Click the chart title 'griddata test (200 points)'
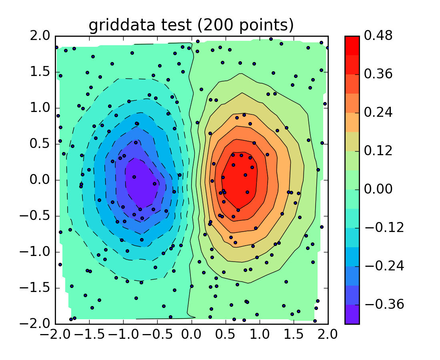191,25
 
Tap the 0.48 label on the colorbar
378,36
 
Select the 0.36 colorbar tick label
378,74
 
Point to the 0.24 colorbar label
378,112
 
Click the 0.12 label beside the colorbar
378,151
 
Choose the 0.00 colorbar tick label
378,189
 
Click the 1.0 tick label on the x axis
260,333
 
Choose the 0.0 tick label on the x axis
192,333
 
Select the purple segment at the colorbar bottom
352,314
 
